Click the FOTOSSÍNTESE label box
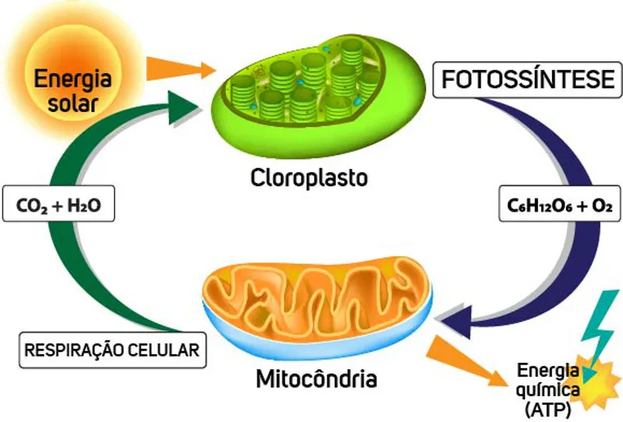pos(527,80)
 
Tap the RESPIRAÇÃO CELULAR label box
pos(112,350)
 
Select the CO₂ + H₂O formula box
pos(58,204)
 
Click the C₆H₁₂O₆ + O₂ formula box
pos(559,204)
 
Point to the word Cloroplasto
pos(309,178)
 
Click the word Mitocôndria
pos(316,378)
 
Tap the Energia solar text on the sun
pos(72,90)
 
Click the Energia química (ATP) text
pos(548,389)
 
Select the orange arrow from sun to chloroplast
pos(181,69)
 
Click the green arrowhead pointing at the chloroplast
pos(182,107)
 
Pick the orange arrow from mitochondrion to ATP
pos(466,360)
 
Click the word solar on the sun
pos(72,103)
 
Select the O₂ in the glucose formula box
pos(601,206)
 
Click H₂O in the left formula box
pos(84,206)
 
